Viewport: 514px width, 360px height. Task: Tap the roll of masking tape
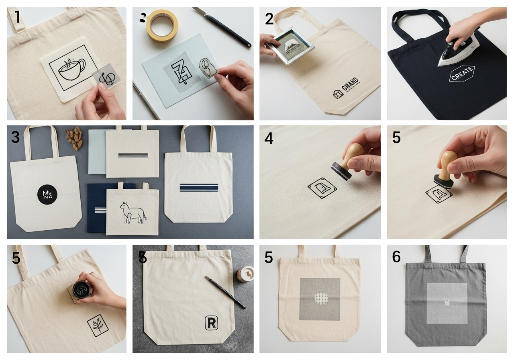(x=162, y=25)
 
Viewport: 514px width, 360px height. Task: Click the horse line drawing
(x=133, y=212)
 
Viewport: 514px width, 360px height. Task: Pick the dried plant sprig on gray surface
(x=74, y=139)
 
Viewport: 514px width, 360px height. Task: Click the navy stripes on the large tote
(x=199, y=187)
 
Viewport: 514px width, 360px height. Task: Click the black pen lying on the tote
(x=225, y=292)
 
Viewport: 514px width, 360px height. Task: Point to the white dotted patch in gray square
(x=320, y=299)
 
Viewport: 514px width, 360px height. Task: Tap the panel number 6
(x=396, y=257)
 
